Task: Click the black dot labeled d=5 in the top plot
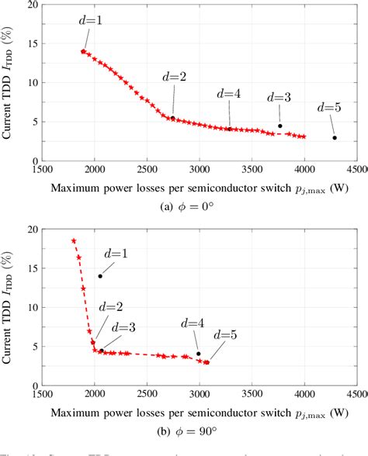pyautogui.click(x=335, y=138)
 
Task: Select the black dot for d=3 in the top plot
pyautogui.click(x=280, y=126)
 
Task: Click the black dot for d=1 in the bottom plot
pyautogui.click(x=100, y=276)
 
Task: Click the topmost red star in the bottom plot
pyautogui.click(x=74, y=240)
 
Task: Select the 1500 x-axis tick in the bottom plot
pyautogui.click(x=42, y=393)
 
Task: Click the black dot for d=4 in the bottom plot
pyautogui.click(x=199, y=354)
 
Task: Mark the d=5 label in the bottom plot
pyautogui.click(x=226, y=334)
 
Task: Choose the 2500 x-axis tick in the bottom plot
pyautogui.click(x=147, y=393)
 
